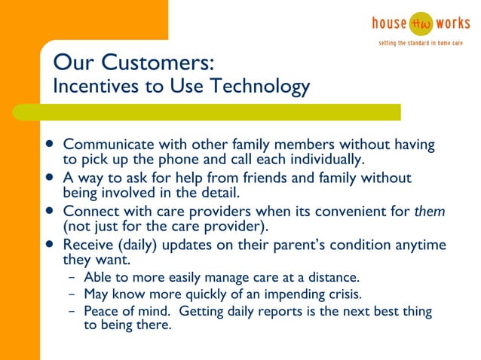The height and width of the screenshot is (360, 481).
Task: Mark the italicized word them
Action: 430,212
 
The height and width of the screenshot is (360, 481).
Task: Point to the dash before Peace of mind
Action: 72,311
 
